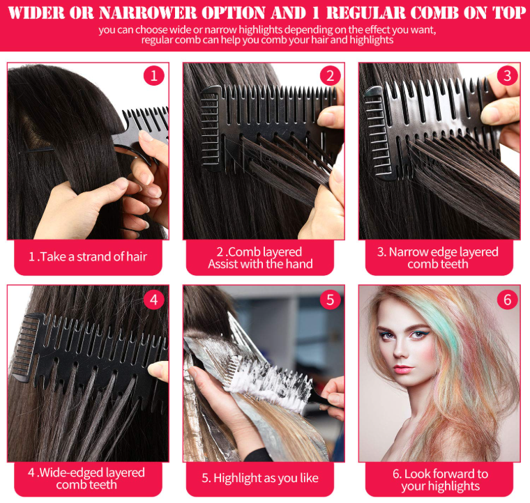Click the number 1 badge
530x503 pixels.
pyautogui.click(x=154, y=76)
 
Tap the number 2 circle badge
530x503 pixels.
pyautogui.click(x=331, y=76)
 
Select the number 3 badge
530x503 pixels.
pyautogui.click(x=507, y=76)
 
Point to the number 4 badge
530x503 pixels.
pyautogui.click(x=154, y=300)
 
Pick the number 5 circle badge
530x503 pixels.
pyautogui.click(x=331, y=300)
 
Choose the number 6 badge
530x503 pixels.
pyautogui.click(x=507, y=300)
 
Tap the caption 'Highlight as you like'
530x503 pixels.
pyautogui.click(x=260, y=478)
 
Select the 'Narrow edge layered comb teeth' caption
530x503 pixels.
pyautogui.click(x=438, y=258)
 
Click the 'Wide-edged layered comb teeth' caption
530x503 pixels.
pyautogui.click(x=86, y=479)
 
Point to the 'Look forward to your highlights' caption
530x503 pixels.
pyautogui.click(x=440, y=480)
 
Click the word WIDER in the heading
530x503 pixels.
pyautogui.click(x=36, y=13)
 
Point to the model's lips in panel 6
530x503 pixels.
pyautogui.click(x=403, y=369)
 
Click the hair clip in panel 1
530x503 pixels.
pyautogui.click(x=36, y=150)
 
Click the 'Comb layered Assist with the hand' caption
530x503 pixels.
pyautogui.click(x=260, y=258)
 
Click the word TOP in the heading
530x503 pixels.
pyautogui.click(x=509, y=13)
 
